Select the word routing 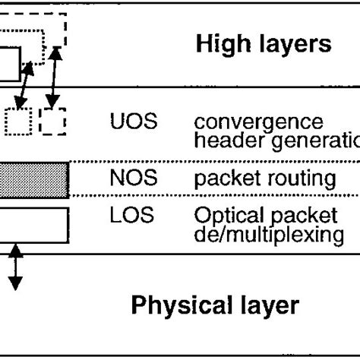point(305,179)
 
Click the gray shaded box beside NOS point(34,180)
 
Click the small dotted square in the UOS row point(18,121)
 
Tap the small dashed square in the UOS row point(53,121)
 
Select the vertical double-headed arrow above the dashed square point(53,76)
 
